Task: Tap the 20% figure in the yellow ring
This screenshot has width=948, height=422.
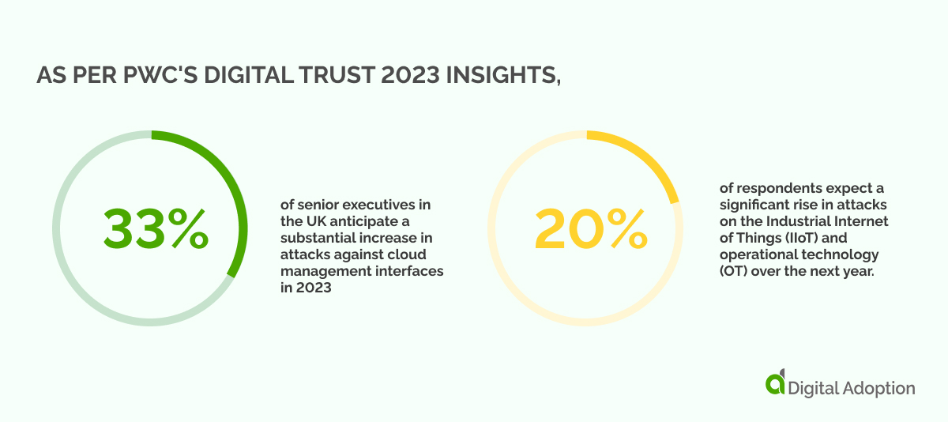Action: click(589, 228)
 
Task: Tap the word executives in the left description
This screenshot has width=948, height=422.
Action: click(380, 204)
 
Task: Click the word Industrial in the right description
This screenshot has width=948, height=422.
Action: click(806, 220)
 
